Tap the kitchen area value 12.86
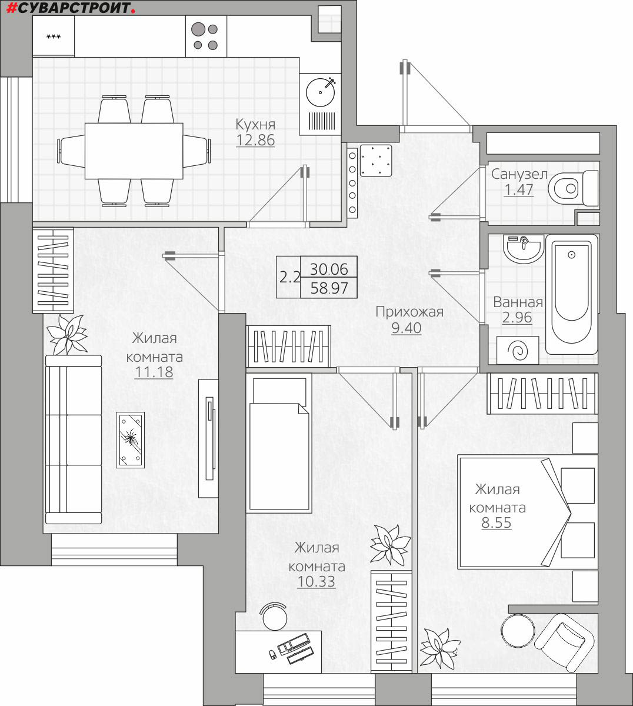point(255,140)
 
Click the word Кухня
point(255,124)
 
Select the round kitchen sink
point(321,92)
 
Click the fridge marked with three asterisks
point(54,36)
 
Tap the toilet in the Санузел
point(574,188)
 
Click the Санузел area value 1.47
point(519,189)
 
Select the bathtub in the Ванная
point(572,294)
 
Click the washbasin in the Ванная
point(524,249)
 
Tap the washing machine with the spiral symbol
point(518,350)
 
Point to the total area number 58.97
point(329,288)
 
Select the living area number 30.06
point(329,269)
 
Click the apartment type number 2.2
point(289,277)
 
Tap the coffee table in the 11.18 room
point(131,439)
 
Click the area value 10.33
point(316,581)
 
